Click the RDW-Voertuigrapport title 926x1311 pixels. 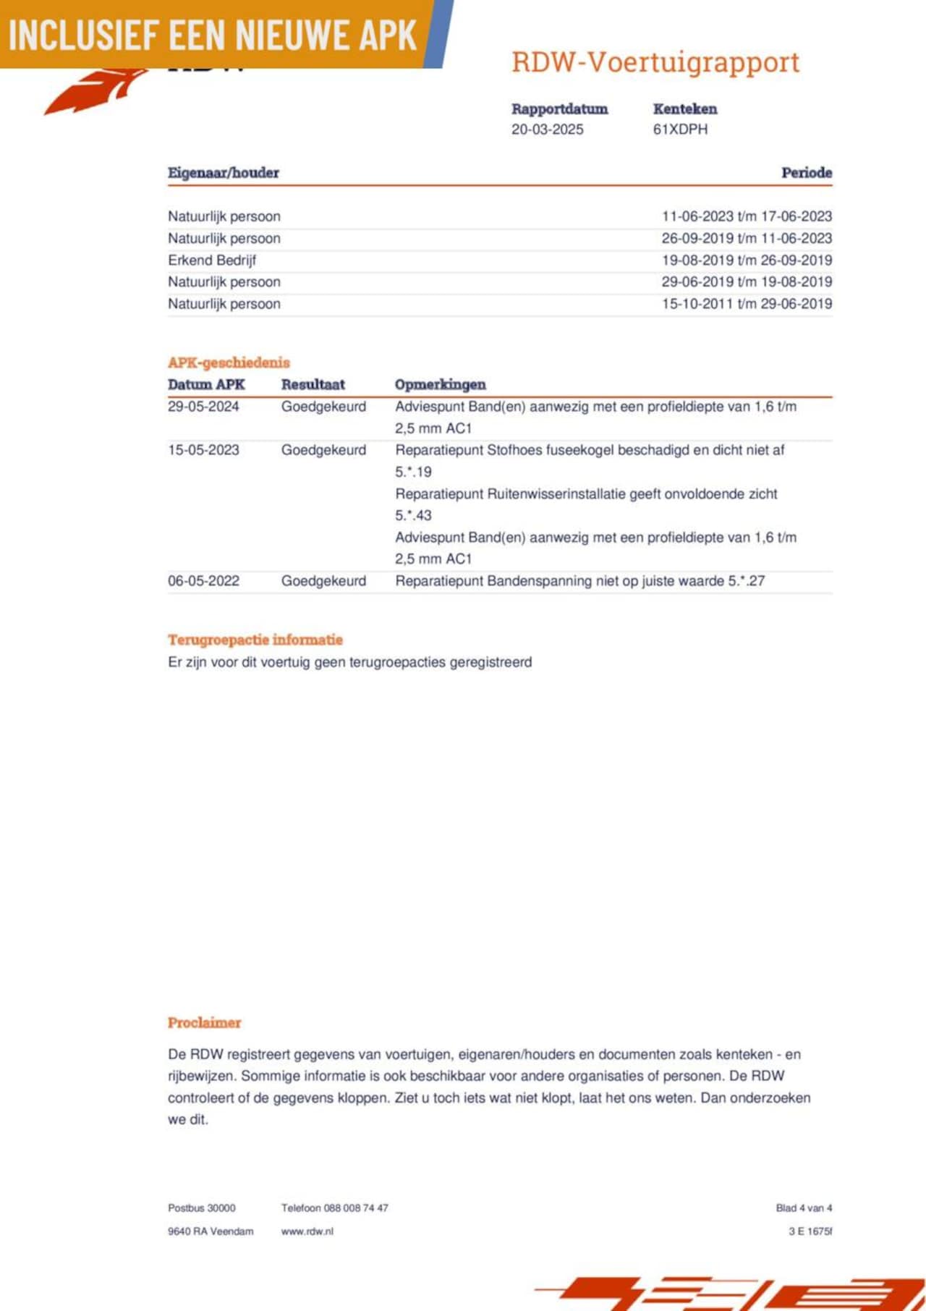[x=655, y=62]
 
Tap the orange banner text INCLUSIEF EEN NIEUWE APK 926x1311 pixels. [x=213, y=35]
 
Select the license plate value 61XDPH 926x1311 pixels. [x=680, y=130]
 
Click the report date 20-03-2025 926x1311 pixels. [x=547, y=130]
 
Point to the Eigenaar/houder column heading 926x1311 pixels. [x=223, y=173]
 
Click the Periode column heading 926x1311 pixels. [x=806, y=173]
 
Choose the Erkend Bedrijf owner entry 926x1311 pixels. [x=212, y=260]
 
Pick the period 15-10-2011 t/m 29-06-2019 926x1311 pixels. [x=747, y=304]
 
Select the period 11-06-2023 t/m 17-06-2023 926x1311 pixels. [x=747, y=216]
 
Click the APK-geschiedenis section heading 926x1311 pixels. [x=229, y=362]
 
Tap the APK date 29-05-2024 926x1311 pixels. [x=203, y=407]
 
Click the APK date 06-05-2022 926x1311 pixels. [x=203, y=581]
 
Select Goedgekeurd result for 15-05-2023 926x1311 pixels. [x=323, y=450]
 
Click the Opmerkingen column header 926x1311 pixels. [x=440, y=384]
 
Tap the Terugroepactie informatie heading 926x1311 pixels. [x=255, y=640]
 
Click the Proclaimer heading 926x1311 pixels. [x=204, y=1023]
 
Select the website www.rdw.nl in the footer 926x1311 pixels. [x=307, y=1231]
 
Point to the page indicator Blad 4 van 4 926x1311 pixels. [x=804, y=1208]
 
